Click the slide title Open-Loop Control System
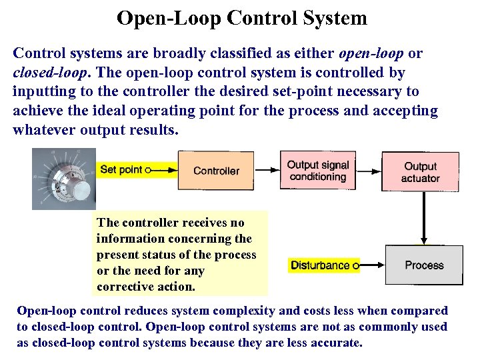click(241, 18)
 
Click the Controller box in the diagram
click(216, 171)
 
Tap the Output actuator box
click(420, 171)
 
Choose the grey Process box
click(424, 265)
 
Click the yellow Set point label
click(121, 170)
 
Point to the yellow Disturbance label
click(320, 265)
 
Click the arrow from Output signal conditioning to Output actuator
click(366, 171)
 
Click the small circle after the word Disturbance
click(355, 265)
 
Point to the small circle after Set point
click(148, 170)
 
